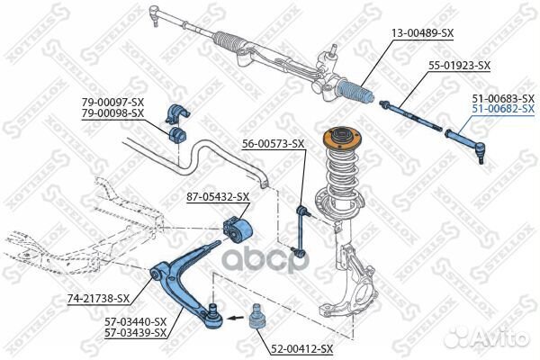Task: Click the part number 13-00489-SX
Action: [x=423, y=33]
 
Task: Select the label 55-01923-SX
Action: [x=459, y=66]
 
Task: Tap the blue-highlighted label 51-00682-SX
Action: [x=503, y=109]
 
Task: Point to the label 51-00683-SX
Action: [x=503, y=98]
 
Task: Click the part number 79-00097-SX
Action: [x=112, y=103]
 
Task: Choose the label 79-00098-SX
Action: [x=112, y=113]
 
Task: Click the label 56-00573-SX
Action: [x=273, y=143]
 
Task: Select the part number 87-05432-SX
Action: [x=218, y=197]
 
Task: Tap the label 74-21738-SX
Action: [x=98, y=299]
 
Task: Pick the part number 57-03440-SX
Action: [x=135, y=322]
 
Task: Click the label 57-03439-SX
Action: [x=135, y=333]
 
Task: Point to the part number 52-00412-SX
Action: [x=301, y=349]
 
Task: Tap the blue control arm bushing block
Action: [x=238, y=229]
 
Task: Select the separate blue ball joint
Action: [x=256, y=317]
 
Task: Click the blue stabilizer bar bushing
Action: [x=177, y=134]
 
